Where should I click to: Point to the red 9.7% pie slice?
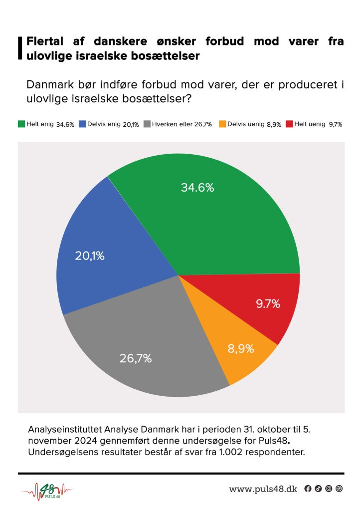pyautogui.click(x=264, y=304)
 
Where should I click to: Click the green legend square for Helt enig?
pyautogui.click(x=21, y=124)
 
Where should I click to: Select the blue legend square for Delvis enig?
pyautogui.click(x=82, y=124)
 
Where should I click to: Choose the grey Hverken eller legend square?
pyautogui.click(x=147, y=124)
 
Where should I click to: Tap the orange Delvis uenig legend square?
pyautogui.click(x=223, y=124)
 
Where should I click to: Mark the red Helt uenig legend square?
pyautogui.click(x=289, y=124)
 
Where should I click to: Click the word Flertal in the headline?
pyautogui.click(x=47, y=41)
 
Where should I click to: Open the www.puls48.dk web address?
pyautogui.click(x=263, y=489)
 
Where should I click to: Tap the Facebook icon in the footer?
pyautogui.click(x=308, y=489)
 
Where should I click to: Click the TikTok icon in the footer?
pyautogui.click(x=318, y=489)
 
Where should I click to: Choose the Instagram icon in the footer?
pyautogui.click(x=329, y=489)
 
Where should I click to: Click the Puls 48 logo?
pyautogui.click(x=46, y=490)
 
